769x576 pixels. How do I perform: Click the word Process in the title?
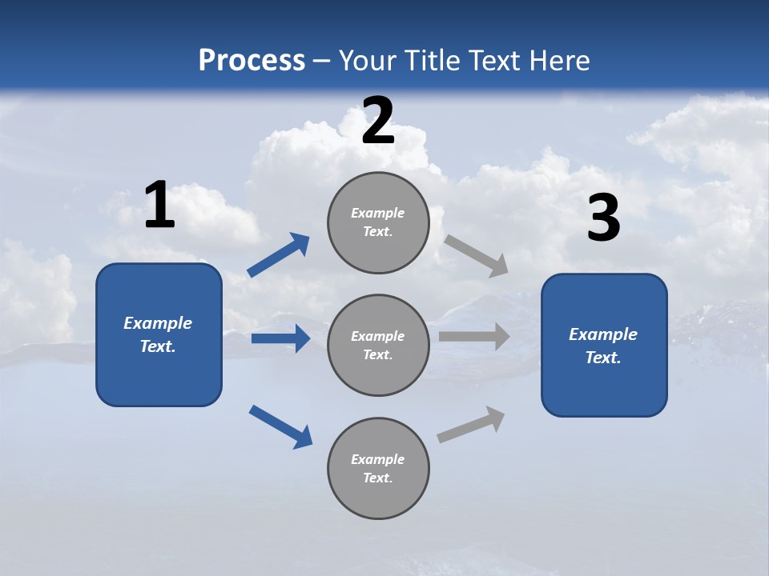coord(252,61)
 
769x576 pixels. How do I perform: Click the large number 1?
coord(159,206)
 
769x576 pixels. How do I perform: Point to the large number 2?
coord(378,122)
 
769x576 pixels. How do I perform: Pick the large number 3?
coord(604,218)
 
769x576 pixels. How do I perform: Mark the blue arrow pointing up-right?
coord(279,255)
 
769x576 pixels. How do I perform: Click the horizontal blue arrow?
coord(280,338)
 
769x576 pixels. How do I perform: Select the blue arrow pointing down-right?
coord(280,426)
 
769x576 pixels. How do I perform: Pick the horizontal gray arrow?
coord(474,336)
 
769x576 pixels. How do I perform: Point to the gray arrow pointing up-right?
coord(471,425)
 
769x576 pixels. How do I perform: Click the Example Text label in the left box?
coord(158,334)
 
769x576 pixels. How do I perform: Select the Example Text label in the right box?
coord(603,346)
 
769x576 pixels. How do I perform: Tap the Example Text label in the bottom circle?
coord(378,469)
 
